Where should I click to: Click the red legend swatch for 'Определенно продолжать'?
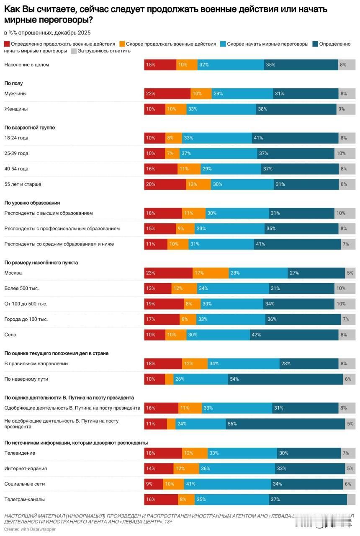(7, 44)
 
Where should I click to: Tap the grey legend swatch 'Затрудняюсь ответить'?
(74, 51)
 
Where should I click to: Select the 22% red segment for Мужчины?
(167, 94)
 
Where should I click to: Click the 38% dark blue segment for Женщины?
(296, 109)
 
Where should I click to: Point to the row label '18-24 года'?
(16, 138)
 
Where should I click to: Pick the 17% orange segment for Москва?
(211, 273)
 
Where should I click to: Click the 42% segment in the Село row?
(294, 335)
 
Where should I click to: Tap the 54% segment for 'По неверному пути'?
(285, 379)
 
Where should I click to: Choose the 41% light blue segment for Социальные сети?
(227, 484)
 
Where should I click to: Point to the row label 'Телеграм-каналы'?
(25, 500)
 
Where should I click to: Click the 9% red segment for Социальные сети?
(153, 484)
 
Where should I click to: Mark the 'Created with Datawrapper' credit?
(30, 529)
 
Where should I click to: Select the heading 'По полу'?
(13, 83)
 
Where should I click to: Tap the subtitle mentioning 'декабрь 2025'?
(47, 33)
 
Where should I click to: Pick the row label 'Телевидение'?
(20, 453)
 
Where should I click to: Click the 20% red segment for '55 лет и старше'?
(165, 184)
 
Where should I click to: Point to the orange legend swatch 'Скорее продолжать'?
(123, 44)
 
